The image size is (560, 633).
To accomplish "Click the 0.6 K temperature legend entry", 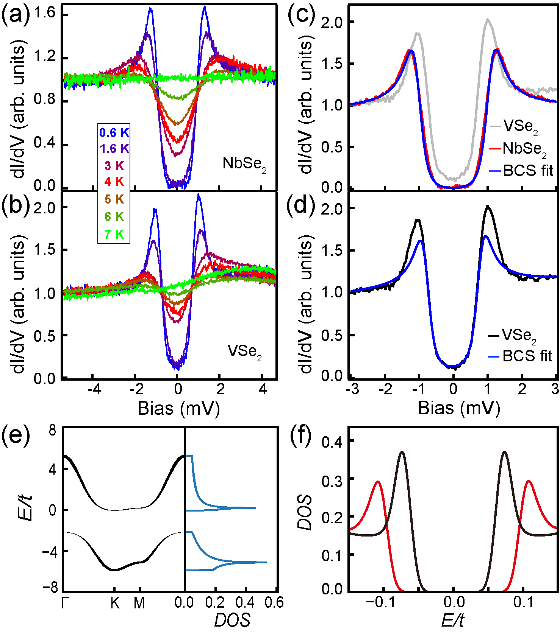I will click(114, 132).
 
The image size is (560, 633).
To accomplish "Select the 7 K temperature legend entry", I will click(114, 234).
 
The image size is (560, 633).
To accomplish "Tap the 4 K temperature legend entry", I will click(114, 182).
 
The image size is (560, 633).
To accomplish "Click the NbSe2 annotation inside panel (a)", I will click(245, 164).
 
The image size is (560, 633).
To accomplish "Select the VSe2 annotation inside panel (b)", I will click(245, 352).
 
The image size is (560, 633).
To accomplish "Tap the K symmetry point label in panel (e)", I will click(115, 603).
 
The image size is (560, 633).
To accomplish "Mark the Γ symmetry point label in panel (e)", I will click(66, 603).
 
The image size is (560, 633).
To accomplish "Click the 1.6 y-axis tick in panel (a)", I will click(45, 14).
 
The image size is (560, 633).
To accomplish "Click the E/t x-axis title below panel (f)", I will click(453, 621).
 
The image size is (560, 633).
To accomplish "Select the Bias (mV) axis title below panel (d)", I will click(459, 408).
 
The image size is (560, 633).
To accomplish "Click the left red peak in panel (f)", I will click(377, 482).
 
